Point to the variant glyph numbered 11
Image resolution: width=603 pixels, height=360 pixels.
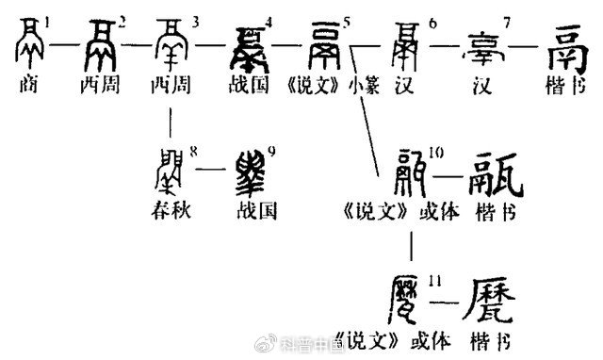click(399, 303)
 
